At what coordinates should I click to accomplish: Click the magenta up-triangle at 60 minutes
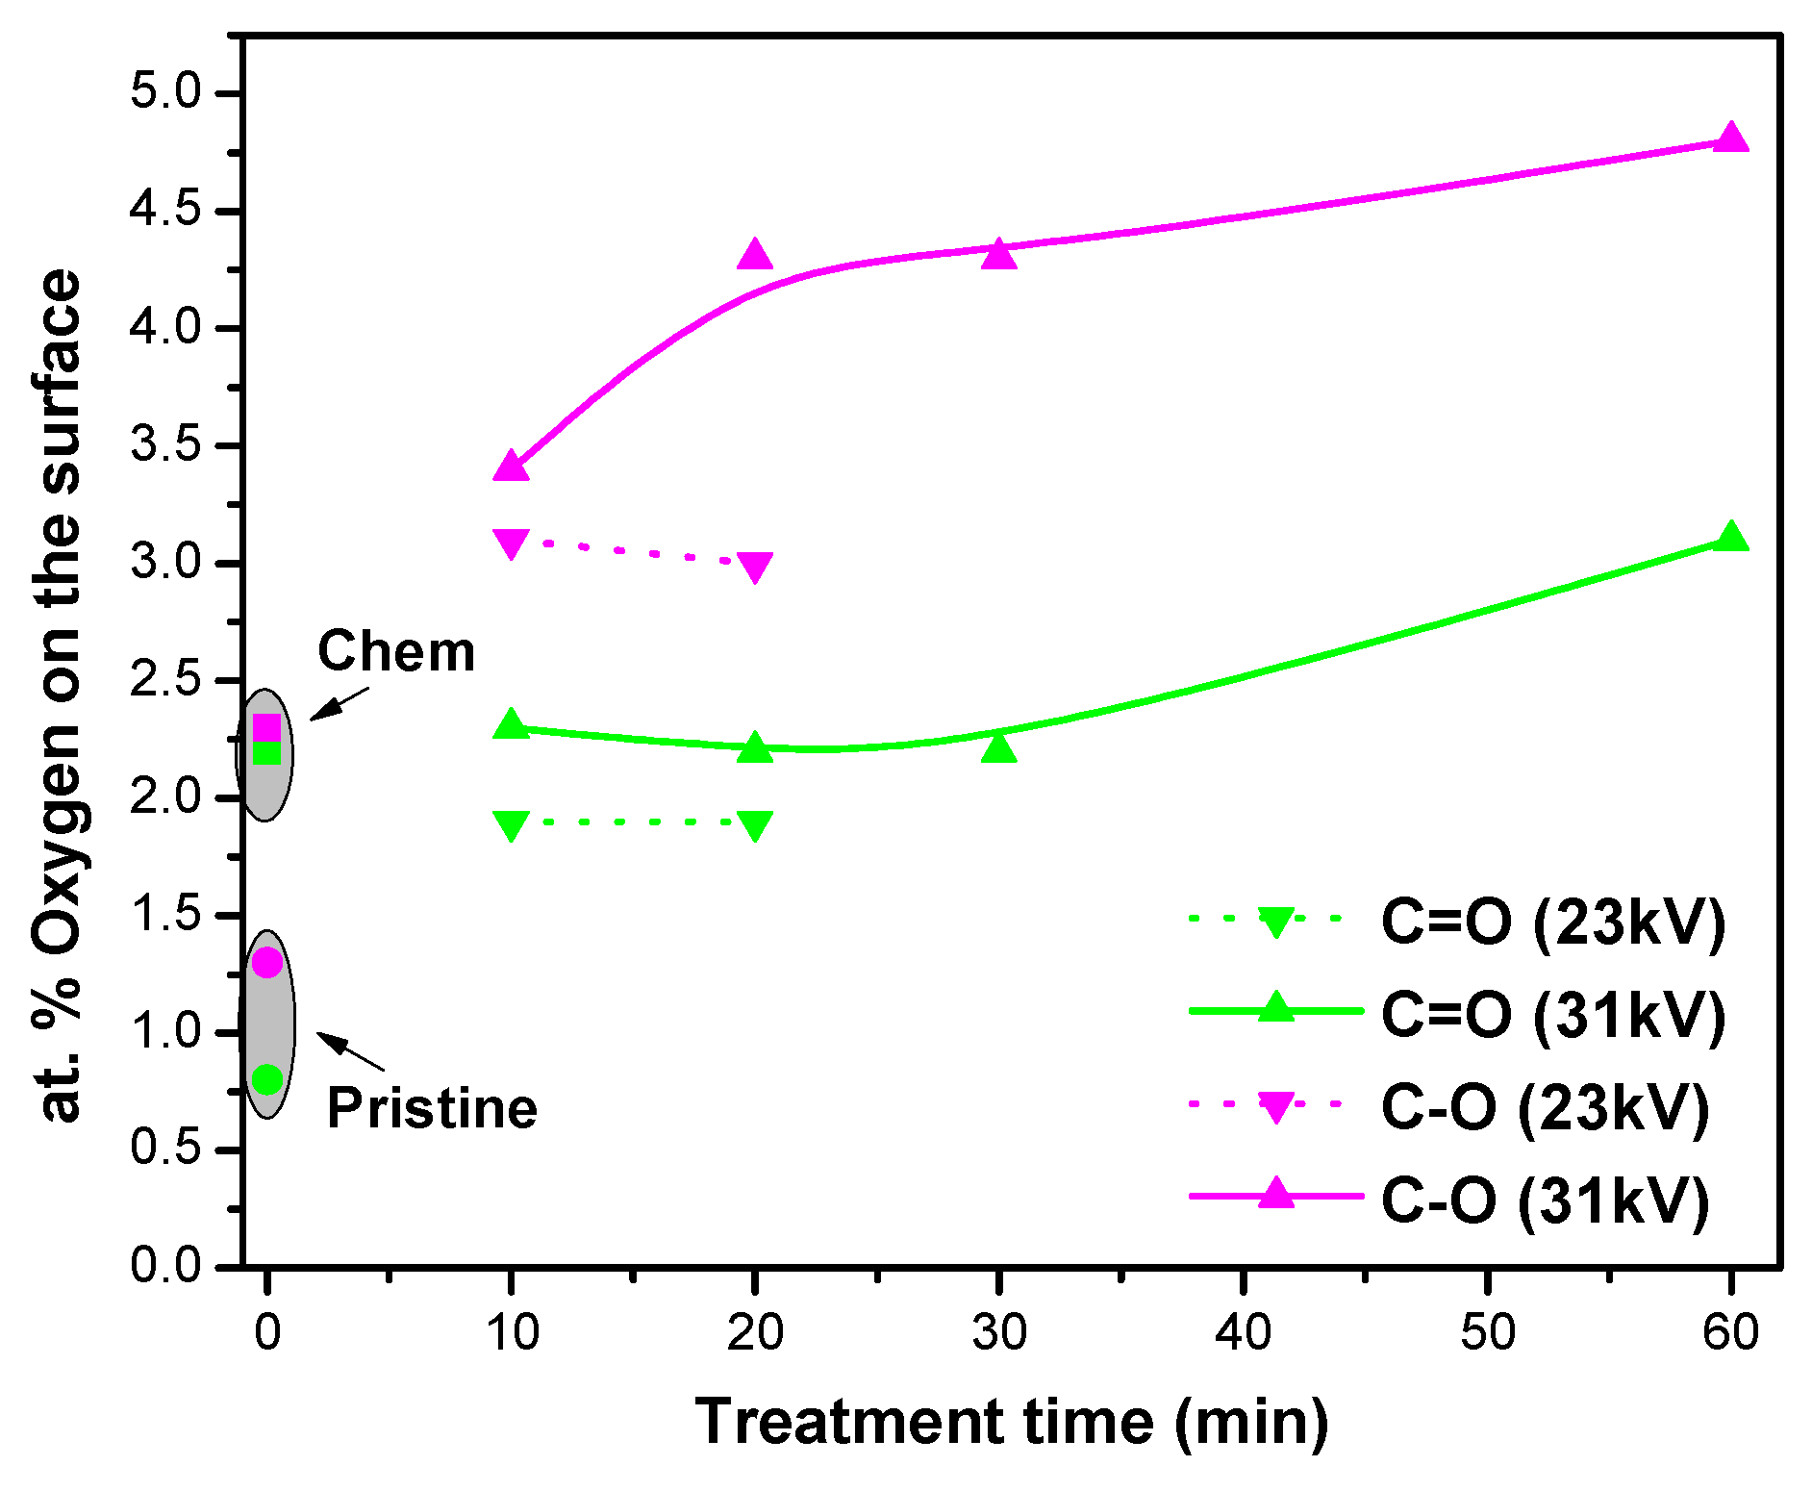pyautogui.click(x=1730, y=139)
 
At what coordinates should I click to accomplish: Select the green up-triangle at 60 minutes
pyautogui.click(x=1730, y=537)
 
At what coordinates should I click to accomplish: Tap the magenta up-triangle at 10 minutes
pyautogui.click(x=511, y=467)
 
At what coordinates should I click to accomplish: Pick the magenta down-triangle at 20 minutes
pyautogui.click(x=755, y=566)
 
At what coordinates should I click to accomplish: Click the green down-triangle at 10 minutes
pyautogui.click(x=511, y=824)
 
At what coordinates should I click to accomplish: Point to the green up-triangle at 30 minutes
pyautogui.click(x=999, y=747)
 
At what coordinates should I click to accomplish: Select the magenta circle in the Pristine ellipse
pyautogui.click(x=266, y=962)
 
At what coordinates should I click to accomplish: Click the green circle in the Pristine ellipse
pyautogui.click(x=266, y=1079)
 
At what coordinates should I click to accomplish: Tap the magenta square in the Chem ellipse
pyautogui.click(x=266, y=728)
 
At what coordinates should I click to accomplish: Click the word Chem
pyautogui.click(x=396, y=652)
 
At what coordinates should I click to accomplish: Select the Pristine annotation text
pyautogui.click(x=432, y=1108)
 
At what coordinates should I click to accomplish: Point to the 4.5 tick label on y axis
pyautogui.click(x=165, y=211)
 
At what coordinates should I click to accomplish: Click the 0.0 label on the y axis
pyautogui.click(x=165, y=1265)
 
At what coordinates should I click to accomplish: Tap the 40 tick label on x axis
pyautogui.click(x=1244, y=1333)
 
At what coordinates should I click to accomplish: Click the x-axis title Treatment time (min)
pyautogui.click(x=1012, y=1422)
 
